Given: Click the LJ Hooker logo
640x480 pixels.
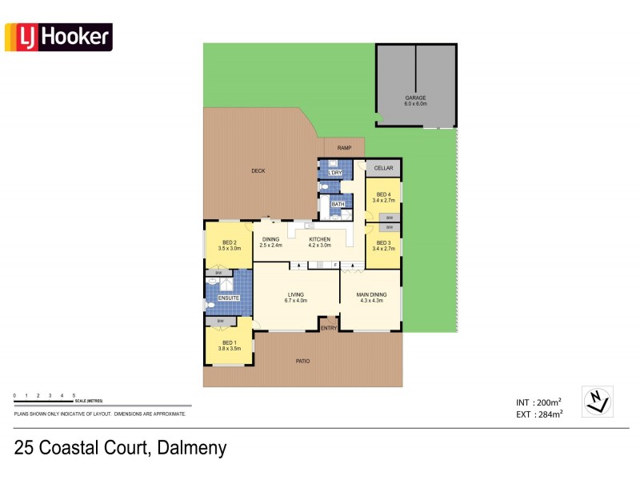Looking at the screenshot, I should (58, 37).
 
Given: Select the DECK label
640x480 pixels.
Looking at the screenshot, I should (258, 170).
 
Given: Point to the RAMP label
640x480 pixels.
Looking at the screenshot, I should (344, 148).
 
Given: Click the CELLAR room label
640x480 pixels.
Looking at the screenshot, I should (384, 168).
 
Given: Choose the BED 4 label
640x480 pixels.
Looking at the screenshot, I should (384, 194).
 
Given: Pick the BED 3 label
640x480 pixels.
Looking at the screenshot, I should (384, 242).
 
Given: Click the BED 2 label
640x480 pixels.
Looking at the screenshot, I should (230, 243).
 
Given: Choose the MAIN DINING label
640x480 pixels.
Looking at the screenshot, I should (372, 295).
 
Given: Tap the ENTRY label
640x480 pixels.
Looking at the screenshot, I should (329, 328).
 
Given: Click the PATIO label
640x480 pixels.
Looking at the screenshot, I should (302, 362).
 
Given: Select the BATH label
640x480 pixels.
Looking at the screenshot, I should (338, 204).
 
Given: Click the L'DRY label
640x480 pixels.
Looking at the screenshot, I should (335, 173).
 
